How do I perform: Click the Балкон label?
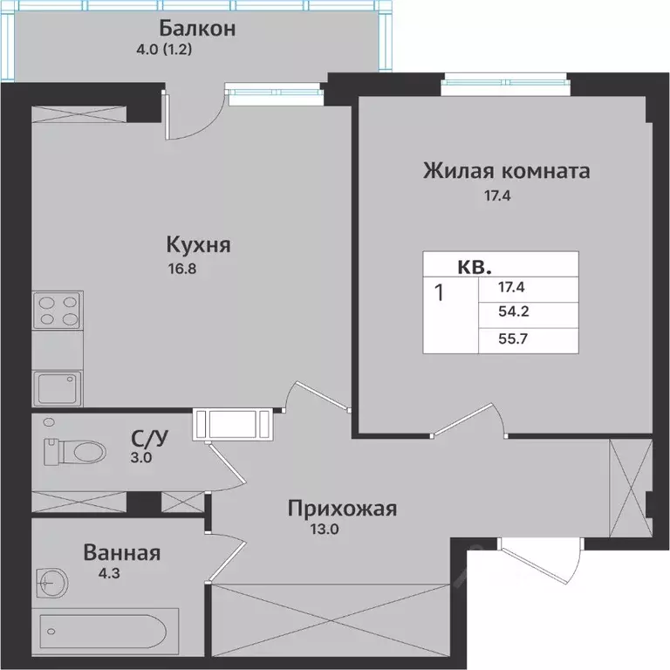pyautogui.click(x=199, y=28)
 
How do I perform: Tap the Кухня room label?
pyautogui.click(x=199, y=245)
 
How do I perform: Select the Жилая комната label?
pyautogui.click(x=506, y=170)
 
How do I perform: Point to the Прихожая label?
pyautogui.click(x=343, y=508)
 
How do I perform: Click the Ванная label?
pyautogui.click(x=122, y=552)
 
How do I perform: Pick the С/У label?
pyautogui.click(x=143, y=437)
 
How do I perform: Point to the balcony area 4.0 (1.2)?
pyautogui.click(x=159, y=50)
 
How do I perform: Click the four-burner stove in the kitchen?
pyautogui.click(x=58, y=311)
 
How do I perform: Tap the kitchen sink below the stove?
pyautogui.click(x=58, y=386)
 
